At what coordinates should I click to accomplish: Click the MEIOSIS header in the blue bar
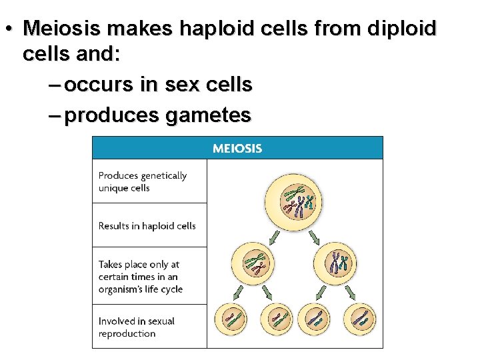point(237,148)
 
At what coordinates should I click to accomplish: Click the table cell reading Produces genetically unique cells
point(149,181)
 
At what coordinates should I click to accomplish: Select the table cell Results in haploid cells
point(149,225)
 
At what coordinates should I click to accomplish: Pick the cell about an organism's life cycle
point(149,277)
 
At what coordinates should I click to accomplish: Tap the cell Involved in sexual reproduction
point(149,327)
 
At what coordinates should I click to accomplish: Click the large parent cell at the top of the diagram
point(295,200)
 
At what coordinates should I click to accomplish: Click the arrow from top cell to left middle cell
point(273,234)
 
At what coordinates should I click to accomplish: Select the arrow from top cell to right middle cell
point(318,234)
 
